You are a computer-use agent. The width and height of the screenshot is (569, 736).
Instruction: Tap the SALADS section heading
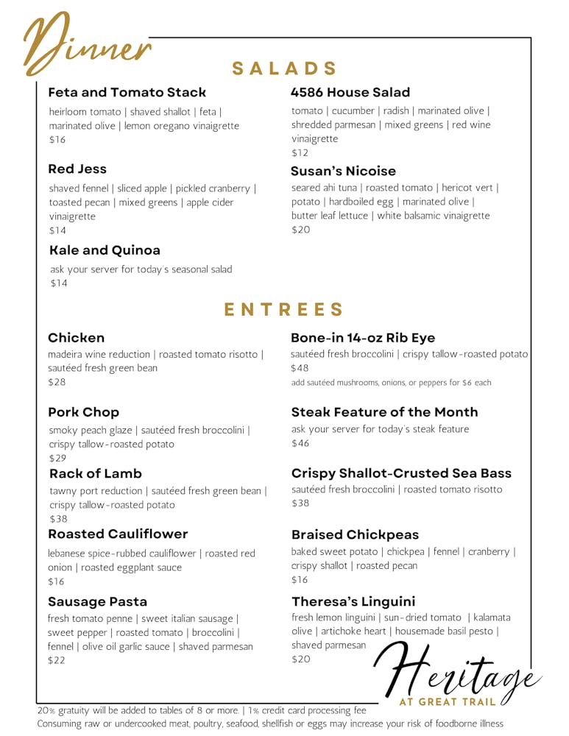[x=284, y=68]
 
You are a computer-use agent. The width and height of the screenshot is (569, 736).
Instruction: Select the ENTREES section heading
[x=283, y=309]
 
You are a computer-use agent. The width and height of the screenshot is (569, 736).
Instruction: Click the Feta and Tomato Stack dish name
[x=127, y=93]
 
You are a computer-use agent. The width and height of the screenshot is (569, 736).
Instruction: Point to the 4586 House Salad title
[x=350, y=93]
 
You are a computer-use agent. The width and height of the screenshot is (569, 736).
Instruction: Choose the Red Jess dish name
[x=77, y=169]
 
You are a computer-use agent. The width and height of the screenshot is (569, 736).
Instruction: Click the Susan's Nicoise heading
[x=343, y=171]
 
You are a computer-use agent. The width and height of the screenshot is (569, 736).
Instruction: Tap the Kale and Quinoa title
[x=105, y=250]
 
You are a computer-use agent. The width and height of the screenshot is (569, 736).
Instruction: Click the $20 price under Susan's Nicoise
[x=301, y=230]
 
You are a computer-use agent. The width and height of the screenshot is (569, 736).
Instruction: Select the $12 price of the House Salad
[x=300, y=153]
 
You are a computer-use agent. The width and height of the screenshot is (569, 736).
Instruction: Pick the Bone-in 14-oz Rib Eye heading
[x=363, y=338]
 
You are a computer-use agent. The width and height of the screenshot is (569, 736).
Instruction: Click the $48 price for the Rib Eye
[x=300, y=368]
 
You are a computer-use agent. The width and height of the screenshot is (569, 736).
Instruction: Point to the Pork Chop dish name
[x=83, y=412]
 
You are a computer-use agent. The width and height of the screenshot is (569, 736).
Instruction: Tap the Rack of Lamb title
[x=96, y=473]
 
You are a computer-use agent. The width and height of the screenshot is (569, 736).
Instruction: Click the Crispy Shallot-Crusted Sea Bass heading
[x=401, y=473]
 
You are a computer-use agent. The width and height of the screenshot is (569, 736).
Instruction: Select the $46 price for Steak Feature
[x=300, y=443]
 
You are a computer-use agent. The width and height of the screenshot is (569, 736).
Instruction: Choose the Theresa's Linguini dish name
[x=353, y=601]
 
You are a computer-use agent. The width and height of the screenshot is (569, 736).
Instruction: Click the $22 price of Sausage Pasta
[x=57, y=660]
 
